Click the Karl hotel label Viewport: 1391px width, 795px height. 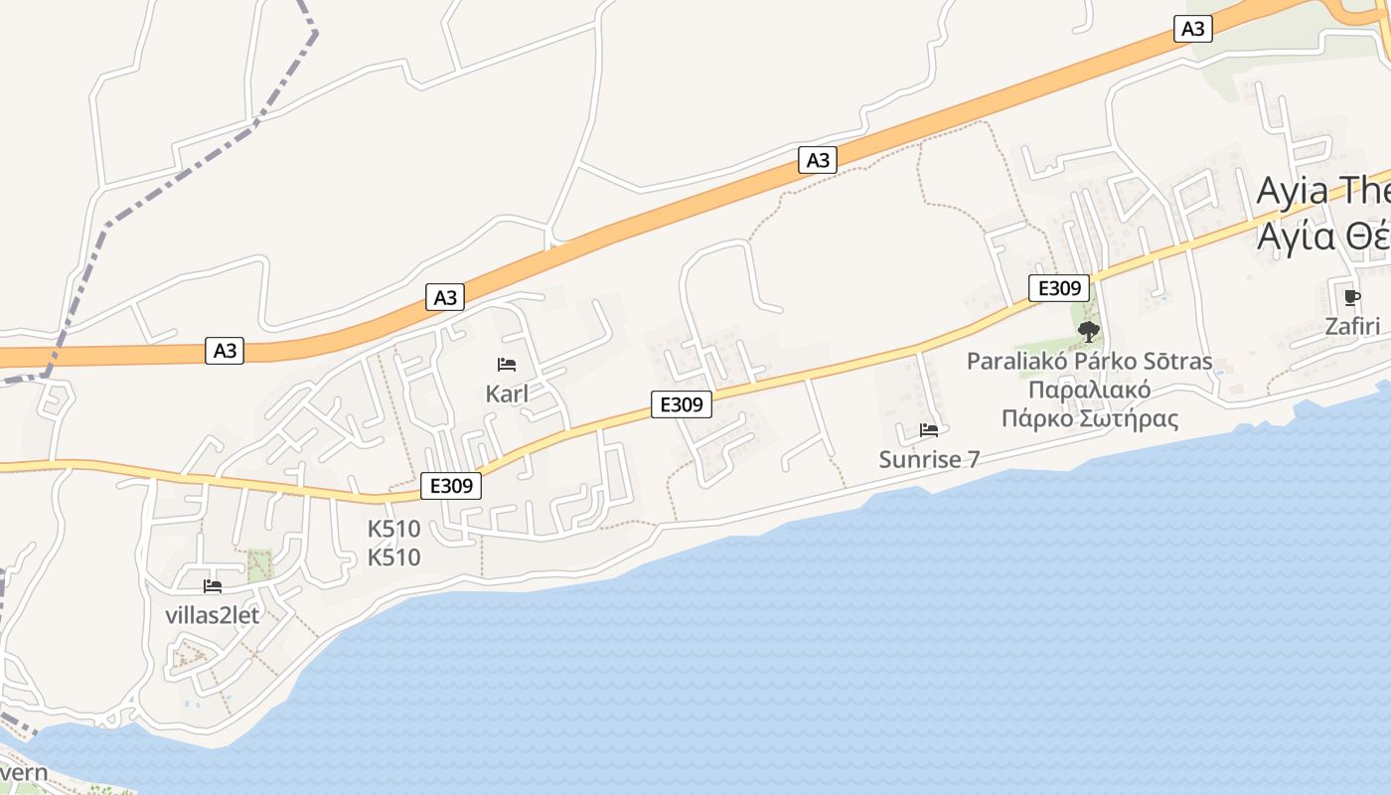507,394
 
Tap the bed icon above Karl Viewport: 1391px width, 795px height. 507,365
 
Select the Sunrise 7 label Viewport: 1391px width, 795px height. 929,459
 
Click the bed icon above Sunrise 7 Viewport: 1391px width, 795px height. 929,430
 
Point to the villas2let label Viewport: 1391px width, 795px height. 212,615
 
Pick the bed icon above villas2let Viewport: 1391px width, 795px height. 212,586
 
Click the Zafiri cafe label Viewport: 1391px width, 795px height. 1352,326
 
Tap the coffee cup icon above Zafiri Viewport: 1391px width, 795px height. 1351,297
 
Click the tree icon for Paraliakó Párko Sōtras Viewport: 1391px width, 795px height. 1089,332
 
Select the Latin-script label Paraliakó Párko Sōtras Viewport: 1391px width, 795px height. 1089,361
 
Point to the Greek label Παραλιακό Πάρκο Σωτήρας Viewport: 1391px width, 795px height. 1089,403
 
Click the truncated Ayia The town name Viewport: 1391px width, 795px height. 1322,191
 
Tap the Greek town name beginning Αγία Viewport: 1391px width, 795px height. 1322,237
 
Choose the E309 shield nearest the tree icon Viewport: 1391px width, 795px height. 1059,288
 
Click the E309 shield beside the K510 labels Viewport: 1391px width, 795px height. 451,485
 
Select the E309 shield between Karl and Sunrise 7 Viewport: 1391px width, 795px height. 682,404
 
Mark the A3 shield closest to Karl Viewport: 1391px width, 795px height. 446,296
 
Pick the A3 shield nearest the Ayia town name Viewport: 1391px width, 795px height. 1192,29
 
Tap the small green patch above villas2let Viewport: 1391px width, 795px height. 259,564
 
